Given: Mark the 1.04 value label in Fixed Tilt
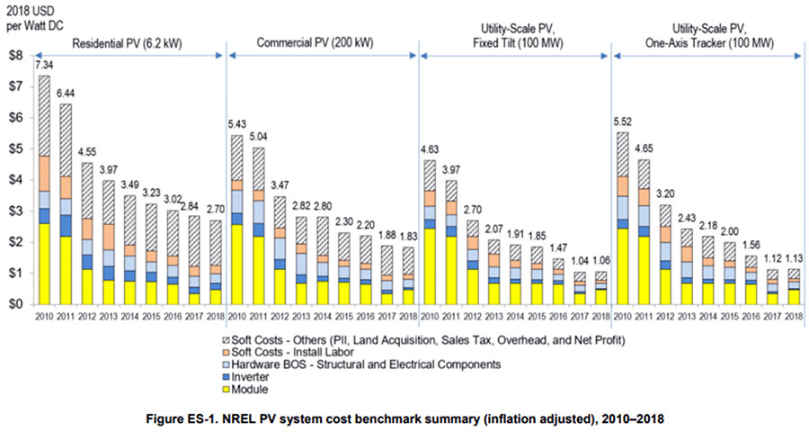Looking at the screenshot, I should [580, 261].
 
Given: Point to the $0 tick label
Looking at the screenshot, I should [15, 304].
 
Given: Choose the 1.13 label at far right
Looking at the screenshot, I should [794, 258].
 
